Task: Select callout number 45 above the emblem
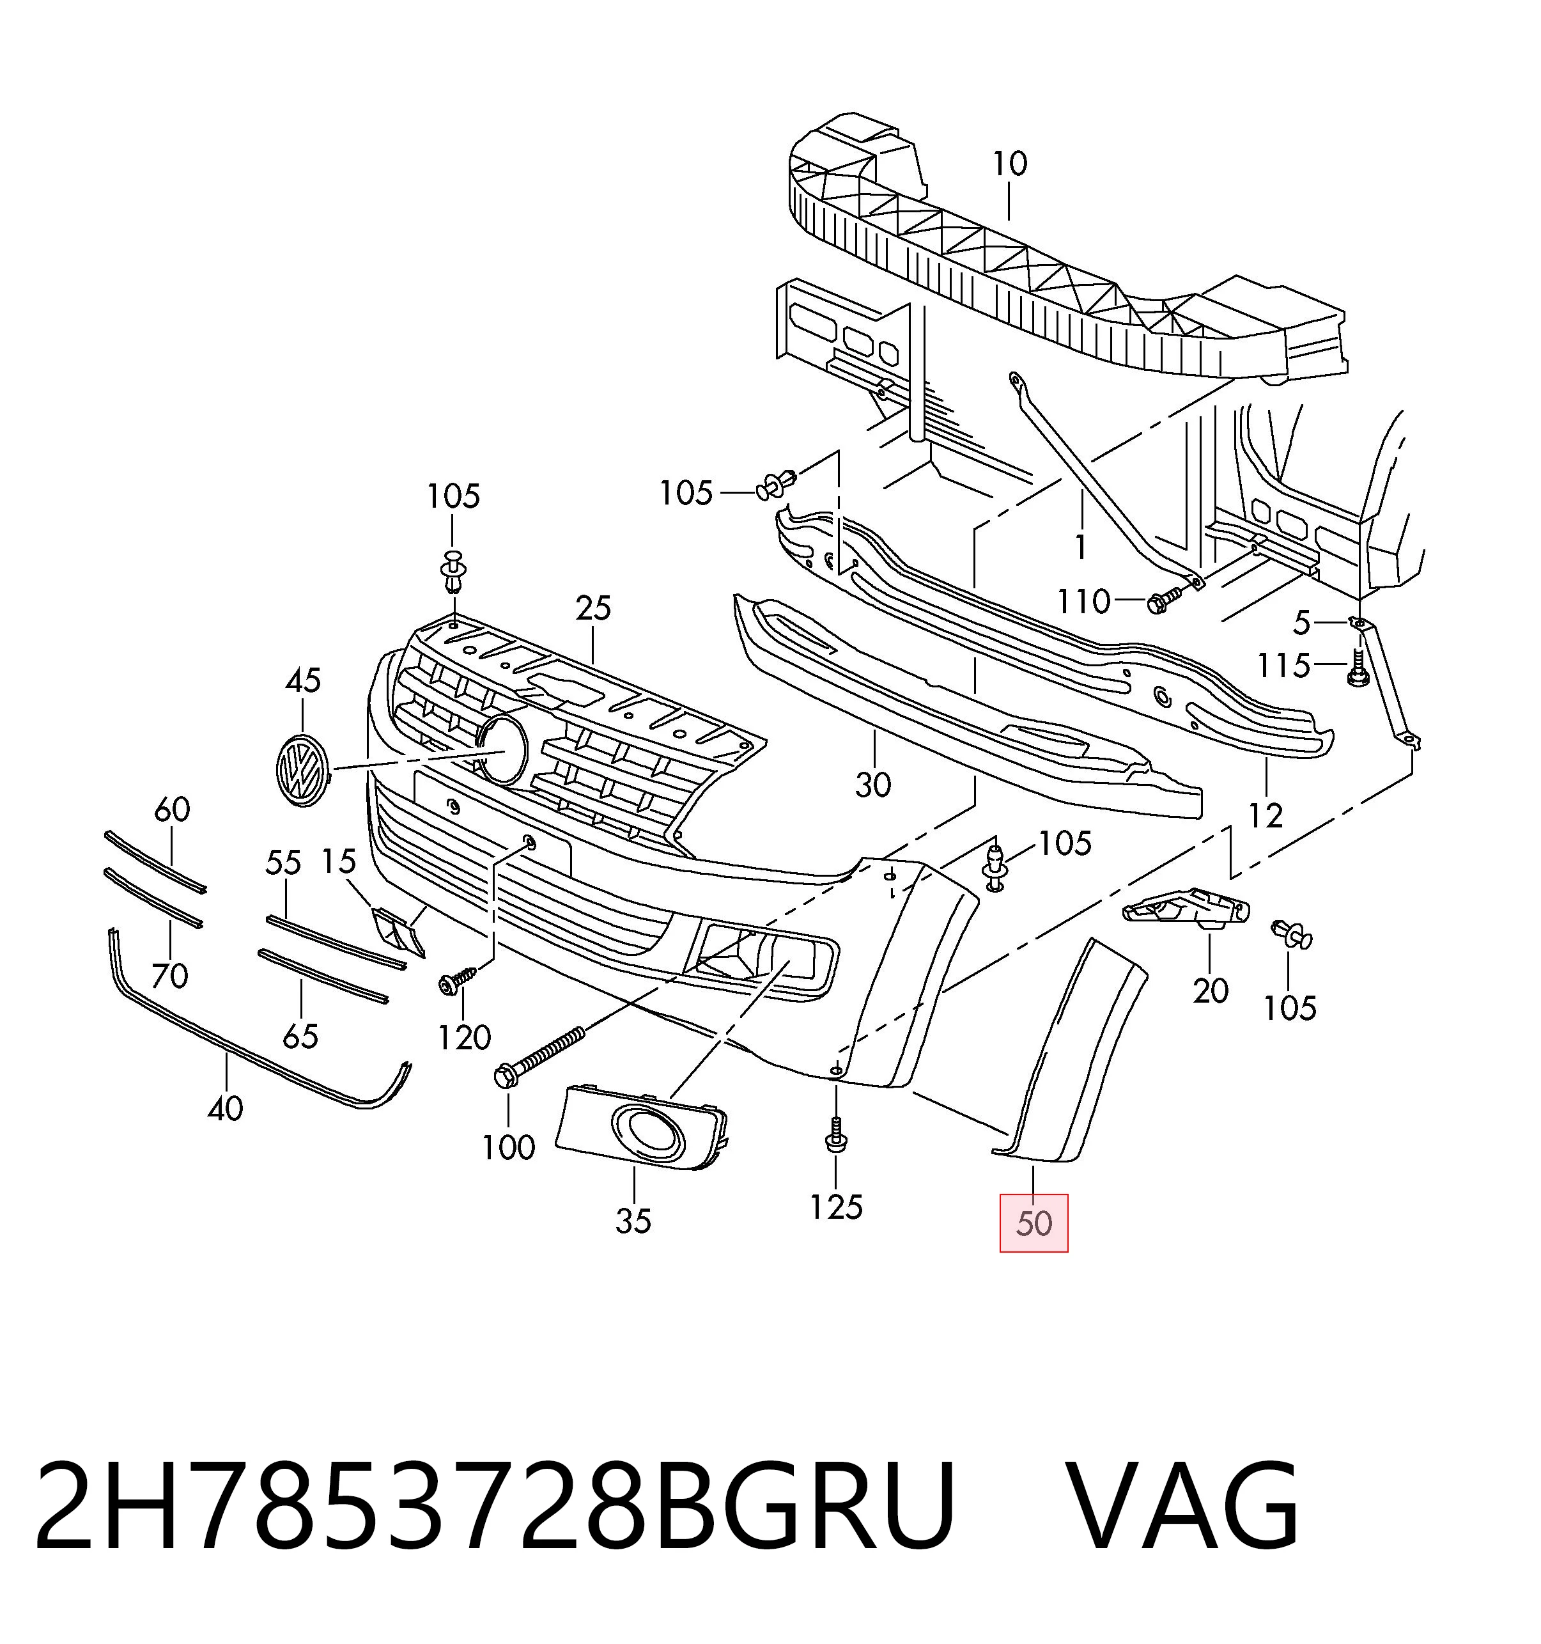pos(302,680)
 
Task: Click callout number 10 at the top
pos(1009,164)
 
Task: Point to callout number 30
pos(873,785)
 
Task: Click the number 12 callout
pos(1265,816)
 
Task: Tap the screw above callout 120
pos(457,980)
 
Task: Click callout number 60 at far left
pos(172,809)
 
